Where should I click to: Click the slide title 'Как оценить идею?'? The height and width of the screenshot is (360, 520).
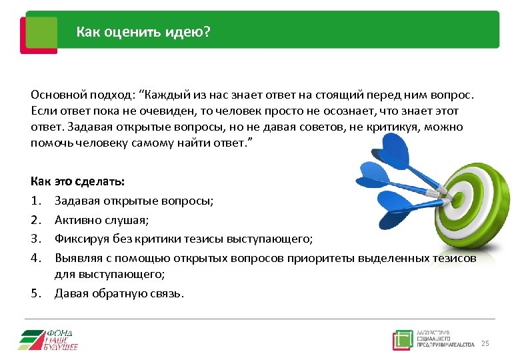tap(142, 31)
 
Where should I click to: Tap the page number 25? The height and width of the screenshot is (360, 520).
tap(485, 343)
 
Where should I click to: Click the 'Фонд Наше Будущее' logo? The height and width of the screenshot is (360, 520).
tap(48, 339)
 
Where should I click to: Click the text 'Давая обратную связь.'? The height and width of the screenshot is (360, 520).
tap(118, 293)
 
